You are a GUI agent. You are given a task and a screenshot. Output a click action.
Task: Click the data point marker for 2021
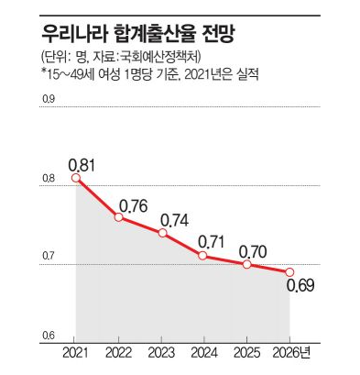coord(76,178)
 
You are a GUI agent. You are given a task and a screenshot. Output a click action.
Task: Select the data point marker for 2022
coord(119,217)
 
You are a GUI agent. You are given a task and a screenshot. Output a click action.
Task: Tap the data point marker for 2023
coord(163,233)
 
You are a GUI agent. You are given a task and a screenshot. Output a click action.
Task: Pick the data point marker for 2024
coord(202,256)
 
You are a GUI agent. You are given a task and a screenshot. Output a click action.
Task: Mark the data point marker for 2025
coord(246,264)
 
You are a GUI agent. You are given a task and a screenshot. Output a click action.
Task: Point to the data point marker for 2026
coord(289,272)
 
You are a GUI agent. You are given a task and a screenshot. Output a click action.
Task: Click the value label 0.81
coord(82,165)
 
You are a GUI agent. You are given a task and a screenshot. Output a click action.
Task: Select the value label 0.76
coord(134,206)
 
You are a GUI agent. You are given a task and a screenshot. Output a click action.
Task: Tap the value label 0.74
coord(174,220)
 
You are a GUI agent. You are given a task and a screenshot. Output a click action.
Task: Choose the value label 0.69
coord(300,286)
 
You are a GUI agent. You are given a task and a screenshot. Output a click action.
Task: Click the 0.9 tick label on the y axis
coord(48,99)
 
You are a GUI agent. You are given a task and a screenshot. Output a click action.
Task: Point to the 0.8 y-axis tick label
coord(48,179)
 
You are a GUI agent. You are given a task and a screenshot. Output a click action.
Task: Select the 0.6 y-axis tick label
coord(48,336)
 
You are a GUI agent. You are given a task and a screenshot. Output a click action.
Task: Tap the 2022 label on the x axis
coord(119,353)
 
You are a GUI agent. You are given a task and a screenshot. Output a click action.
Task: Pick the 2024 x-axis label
coord(204,353)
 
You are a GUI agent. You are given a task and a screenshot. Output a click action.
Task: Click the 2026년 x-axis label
coord(291,353)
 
